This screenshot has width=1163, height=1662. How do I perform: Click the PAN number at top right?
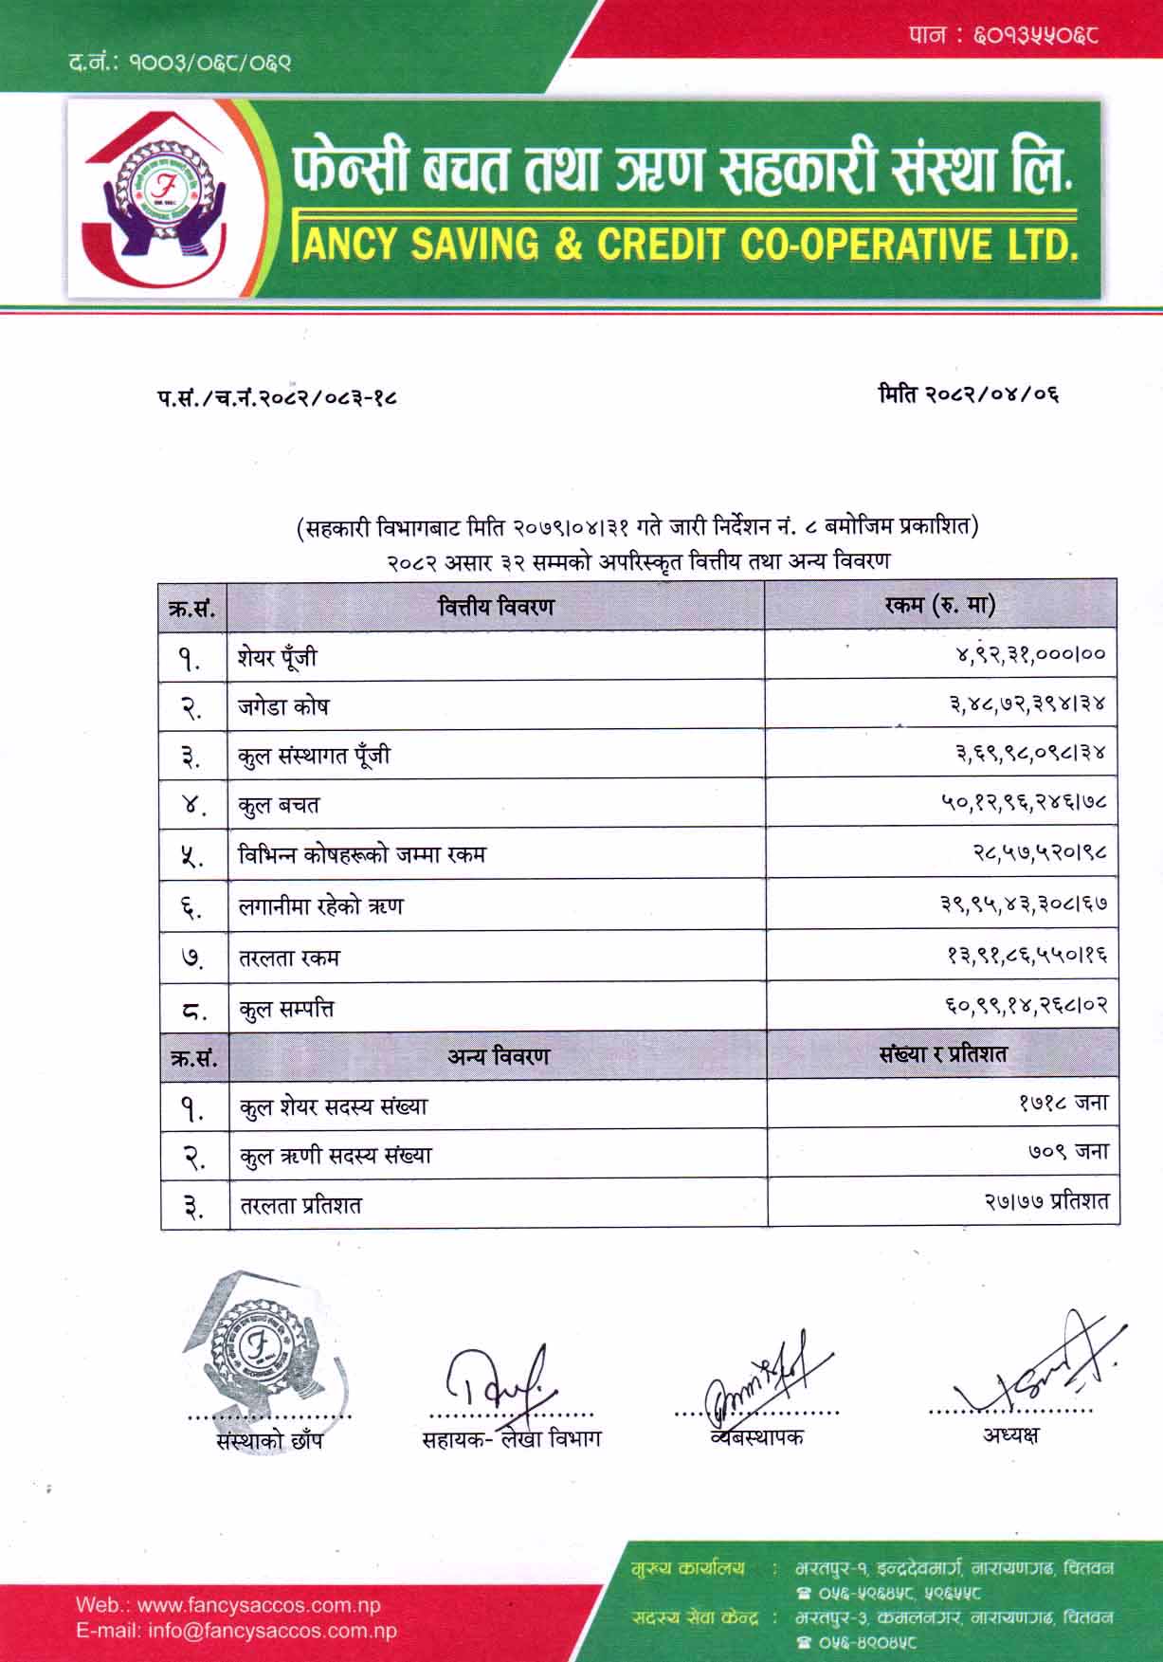point(1004,36)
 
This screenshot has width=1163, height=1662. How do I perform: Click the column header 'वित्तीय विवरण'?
point(496,605)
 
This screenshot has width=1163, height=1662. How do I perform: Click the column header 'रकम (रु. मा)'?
point(940,604)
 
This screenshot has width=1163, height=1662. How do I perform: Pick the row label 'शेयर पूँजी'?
point(278,657)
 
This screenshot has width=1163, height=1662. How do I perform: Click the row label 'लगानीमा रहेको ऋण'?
point(321,906)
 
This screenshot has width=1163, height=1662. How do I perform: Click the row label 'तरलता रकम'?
point(289,958)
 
